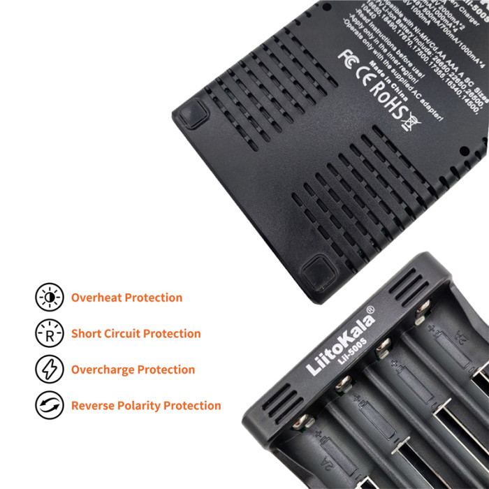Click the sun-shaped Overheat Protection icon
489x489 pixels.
pos(49,298)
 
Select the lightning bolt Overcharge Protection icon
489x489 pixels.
pos(49,370)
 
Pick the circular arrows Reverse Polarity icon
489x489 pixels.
pos(49,405)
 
